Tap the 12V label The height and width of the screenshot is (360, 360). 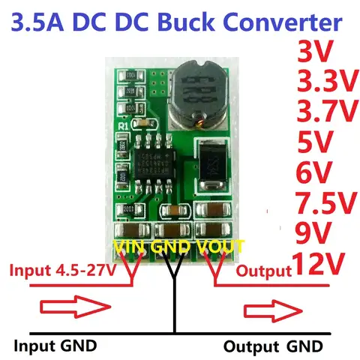pos(319,263)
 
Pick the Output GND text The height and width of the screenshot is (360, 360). pos(274,346)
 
